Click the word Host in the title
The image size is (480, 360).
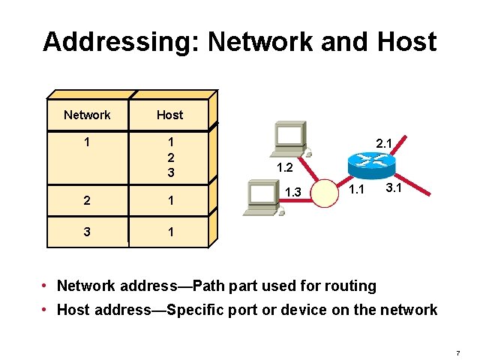[403, 41]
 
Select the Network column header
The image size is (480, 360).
[87, 115]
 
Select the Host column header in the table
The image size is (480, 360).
[169, 115]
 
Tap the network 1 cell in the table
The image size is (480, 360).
[87, 142]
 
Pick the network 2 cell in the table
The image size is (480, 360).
[87, 201]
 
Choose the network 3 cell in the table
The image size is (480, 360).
[87, 232]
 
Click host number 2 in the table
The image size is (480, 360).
[170, 157]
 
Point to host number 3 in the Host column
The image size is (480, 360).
[170, 172]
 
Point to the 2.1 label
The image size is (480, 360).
[384, 142]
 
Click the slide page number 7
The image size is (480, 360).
[457, 352]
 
